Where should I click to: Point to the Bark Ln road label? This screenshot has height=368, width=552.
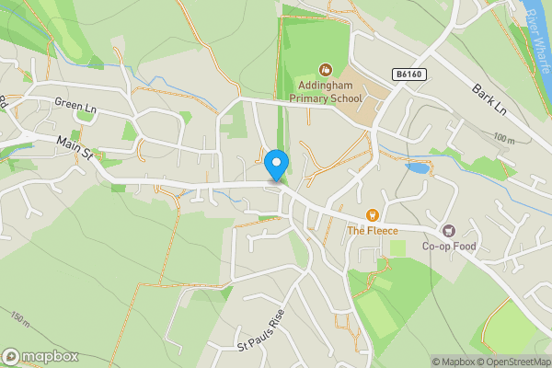[489, 99]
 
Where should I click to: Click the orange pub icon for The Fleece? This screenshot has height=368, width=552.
[373, 215]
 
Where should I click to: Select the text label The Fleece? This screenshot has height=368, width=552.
[373, 230]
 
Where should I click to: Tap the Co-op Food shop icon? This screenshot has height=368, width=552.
[449, 231]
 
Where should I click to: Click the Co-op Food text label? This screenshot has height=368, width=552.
[449, 246]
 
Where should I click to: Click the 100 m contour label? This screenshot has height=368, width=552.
[504, 139]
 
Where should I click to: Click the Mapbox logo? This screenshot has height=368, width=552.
[40, 356]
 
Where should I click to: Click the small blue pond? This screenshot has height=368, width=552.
[418, 168]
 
